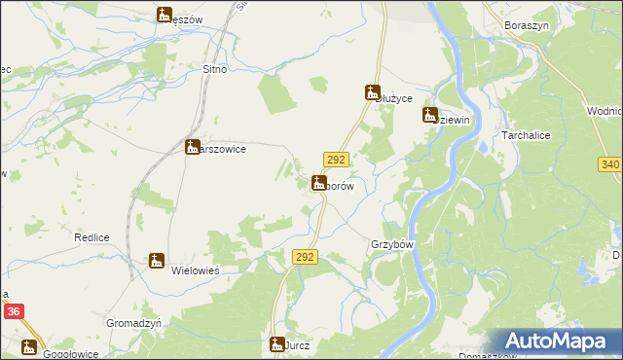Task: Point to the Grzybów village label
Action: [x=393, y=244]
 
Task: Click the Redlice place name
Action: [x=90, y=237]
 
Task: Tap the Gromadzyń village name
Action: [x=134, y=322]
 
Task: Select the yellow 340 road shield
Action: [x=610, y=164]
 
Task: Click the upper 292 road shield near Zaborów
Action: [x=336, y=160]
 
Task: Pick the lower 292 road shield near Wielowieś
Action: [x=305, y=256]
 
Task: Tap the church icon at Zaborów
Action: [x=318, y=182]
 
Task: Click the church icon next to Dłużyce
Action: [x=372, y=93]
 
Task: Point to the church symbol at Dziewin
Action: [x=429, y=115]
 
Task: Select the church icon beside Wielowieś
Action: [x=156, y=260]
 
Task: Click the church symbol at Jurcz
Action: [x=276, y=344]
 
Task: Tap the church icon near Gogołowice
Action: [x=29, y=345]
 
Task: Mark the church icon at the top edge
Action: [x=164, y=15]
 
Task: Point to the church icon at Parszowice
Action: [x=193, y=147]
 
